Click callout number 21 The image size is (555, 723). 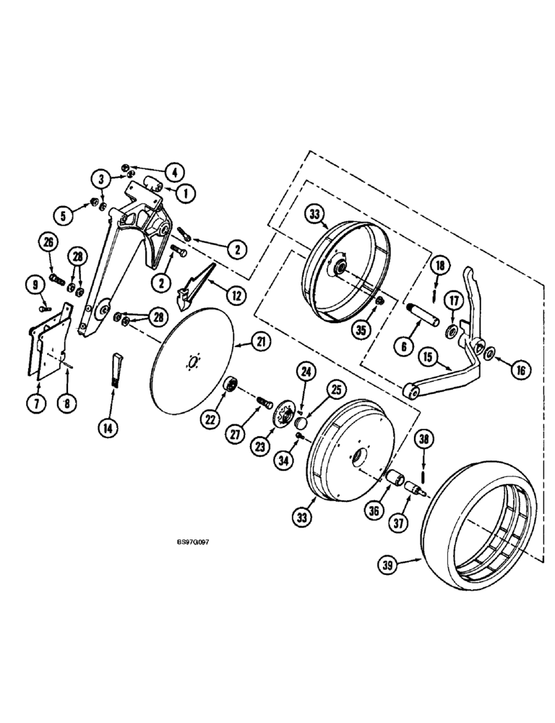pyautogui.click(x=259, y=343)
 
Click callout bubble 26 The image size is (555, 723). pyautogui.click(x=48, y=244)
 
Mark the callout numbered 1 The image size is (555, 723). pyautogui.click(x=184, y=194)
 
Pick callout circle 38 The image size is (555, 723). pyautogui.click(x=424, y=439)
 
